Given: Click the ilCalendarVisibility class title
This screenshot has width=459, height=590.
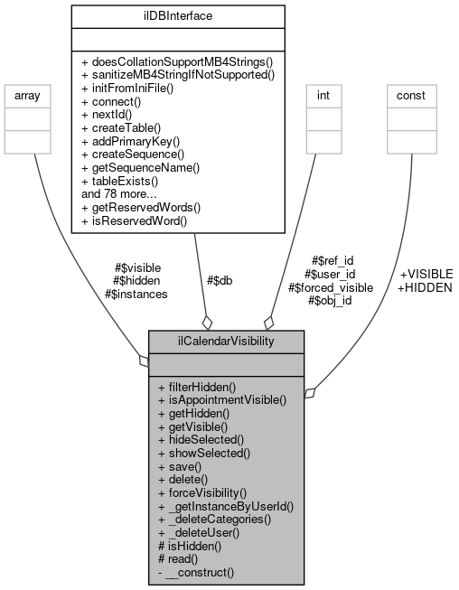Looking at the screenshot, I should point(226,342).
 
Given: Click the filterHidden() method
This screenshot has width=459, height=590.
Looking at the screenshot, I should point(196,386).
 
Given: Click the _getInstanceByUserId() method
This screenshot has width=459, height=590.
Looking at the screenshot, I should point(226,507).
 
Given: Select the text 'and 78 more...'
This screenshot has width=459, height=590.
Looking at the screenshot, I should point(119,193).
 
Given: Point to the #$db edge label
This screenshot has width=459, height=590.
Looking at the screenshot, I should point(220,280).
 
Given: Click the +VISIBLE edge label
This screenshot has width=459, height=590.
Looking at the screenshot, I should point(426,273).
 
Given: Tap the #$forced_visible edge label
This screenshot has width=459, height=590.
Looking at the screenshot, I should point(330,287).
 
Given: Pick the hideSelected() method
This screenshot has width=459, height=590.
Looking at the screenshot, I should point(201,439).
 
